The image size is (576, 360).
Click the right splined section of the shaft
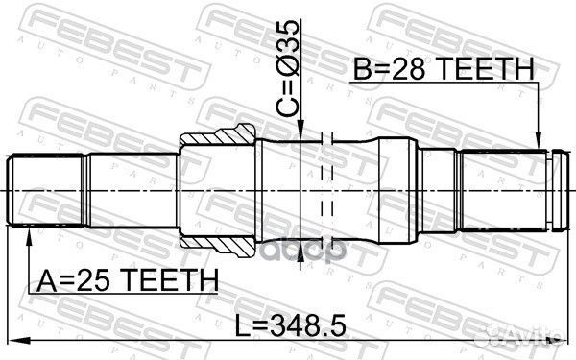(x=499, y=191)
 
